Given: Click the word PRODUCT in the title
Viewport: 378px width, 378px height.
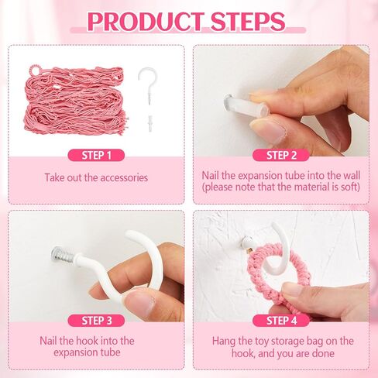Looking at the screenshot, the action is [x=145, y=22].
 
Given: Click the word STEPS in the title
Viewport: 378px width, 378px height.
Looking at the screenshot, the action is [x=248, y=22].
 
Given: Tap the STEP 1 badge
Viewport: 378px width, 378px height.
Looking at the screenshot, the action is [x=96, y=156].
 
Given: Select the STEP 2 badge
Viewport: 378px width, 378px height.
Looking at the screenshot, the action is [x=281, y=156].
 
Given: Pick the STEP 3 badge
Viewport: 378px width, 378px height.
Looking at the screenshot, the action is [x=96, y=321].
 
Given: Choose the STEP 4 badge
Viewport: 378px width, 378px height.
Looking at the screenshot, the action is [x=281, y=321].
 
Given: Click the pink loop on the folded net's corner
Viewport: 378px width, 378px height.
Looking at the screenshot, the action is [x=34, y=70].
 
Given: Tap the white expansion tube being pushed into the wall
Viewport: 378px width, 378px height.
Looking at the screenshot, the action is [x=246, y=105].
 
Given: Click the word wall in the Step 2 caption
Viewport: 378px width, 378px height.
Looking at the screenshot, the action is [x=352, y=176].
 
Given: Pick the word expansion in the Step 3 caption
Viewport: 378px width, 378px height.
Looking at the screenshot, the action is [x=74, y=352].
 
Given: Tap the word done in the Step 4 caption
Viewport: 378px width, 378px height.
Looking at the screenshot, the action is [x=323, y=353].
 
